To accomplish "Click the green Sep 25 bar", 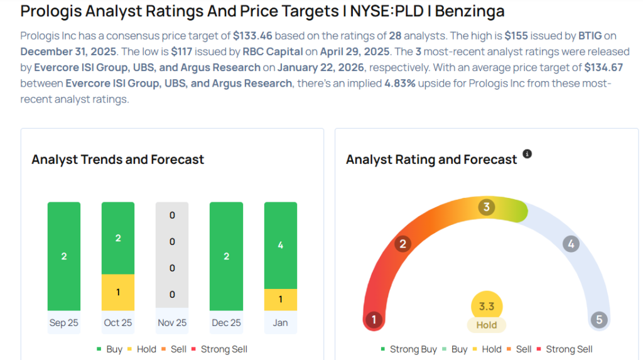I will (x=64, y=256).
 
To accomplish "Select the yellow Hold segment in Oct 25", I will (x=118, y=292).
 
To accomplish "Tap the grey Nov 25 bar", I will (x=172, y=256).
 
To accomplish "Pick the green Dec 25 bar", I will (x=226, y=256).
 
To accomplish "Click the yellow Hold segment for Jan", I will (x=280, y=299).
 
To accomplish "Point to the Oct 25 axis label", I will (x=118, y=322).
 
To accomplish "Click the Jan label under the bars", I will (x=280, y=322).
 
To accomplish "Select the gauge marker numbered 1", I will (x=374, y=320).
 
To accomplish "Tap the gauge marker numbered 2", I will (x=403, y=244).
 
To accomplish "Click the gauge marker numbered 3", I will (x=486, y=207).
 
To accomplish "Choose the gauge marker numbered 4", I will (x=570, y=244).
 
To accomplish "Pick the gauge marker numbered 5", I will (x=599, y=320).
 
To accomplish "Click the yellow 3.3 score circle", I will (x=487, y=307).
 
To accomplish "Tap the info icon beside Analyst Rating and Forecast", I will (x=527, y=154).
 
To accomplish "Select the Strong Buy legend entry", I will (x=409, y=349).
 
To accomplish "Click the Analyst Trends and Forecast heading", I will (x=118, y=160).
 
